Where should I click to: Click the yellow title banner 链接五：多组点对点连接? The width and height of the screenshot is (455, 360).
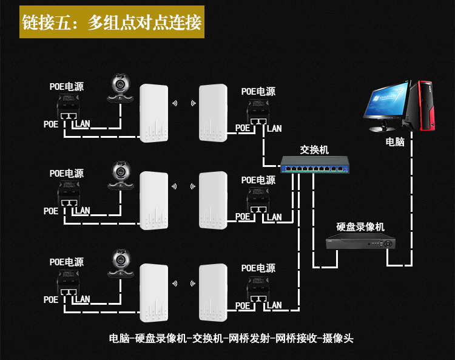pos(112,22)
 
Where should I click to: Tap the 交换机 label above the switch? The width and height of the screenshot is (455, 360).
pos(314,150)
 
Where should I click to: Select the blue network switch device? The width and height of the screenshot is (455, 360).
pos(315,165)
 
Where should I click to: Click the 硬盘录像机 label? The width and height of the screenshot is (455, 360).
pos(360,226)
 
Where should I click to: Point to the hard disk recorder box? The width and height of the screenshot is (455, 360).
pos(361,241)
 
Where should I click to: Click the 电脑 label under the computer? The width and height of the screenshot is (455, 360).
pos(395,141)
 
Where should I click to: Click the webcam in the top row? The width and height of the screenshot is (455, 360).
pos(121,88)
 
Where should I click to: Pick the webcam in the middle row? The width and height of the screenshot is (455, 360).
pos(121,175)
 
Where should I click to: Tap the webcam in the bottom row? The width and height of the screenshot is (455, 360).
pos(121,263)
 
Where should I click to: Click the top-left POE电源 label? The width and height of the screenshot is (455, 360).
pos(67,87)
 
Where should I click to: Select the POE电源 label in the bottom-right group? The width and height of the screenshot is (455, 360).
pos(258,268)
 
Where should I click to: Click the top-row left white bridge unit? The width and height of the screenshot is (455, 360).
pos(154,114)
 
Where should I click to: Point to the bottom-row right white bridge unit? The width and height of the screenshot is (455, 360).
pos(213,293)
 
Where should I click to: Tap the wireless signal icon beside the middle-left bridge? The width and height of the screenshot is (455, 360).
pos(174,186)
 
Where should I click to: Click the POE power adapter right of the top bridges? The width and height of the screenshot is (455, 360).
pos(258,112)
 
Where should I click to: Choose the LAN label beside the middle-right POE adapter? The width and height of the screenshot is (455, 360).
pos(274,217)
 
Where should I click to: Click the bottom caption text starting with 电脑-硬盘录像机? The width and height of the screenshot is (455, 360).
pos(231,338)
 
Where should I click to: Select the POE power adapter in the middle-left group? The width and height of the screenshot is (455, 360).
pos(69,194)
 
